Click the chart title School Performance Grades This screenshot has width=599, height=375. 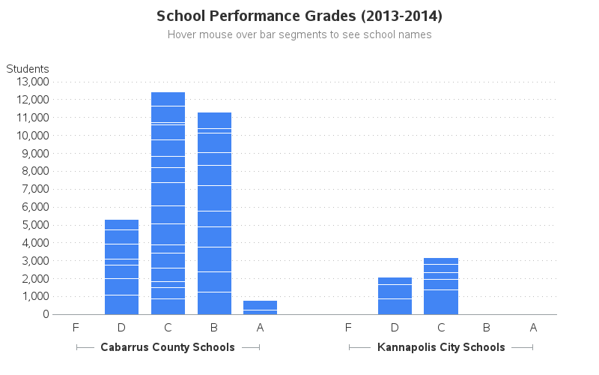click(x=299, y=16)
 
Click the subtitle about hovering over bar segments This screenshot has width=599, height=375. click(x=299, y=34)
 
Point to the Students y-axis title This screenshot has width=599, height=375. click(x=28, y=69)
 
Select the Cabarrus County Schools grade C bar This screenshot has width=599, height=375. click(x=168, y=202)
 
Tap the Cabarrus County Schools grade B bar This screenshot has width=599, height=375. click(x=214, y=213)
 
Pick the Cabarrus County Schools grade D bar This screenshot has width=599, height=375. click(x=121, y=267)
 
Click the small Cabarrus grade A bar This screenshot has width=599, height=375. click(x=260, y=307)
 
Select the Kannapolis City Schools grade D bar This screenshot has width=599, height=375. click(x=395, y=296)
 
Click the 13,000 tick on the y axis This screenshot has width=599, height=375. click(x=31, y=82)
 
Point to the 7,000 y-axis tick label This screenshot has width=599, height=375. click(x=33, y=189)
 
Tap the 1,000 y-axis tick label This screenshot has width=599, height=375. click(x=33, y=296)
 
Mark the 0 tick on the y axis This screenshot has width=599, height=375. click(x=45, y=314)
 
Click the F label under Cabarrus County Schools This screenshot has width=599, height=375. click(x=76, y=327)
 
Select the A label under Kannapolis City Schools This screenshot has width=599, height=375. click(x=533, y=327)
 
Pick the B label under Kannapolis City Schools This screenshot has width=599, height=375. click(x=487, y=327)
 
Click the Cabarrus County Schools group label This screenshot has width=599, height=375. click(x=168, y=347)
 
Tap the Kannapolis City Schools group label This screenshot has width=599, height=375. click(x=441, y=347)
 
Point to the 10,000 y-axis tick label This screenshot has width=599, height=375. click(x=31, y=136)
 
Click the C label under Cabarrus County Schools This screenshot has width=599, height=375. click(x=168, y=327)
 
